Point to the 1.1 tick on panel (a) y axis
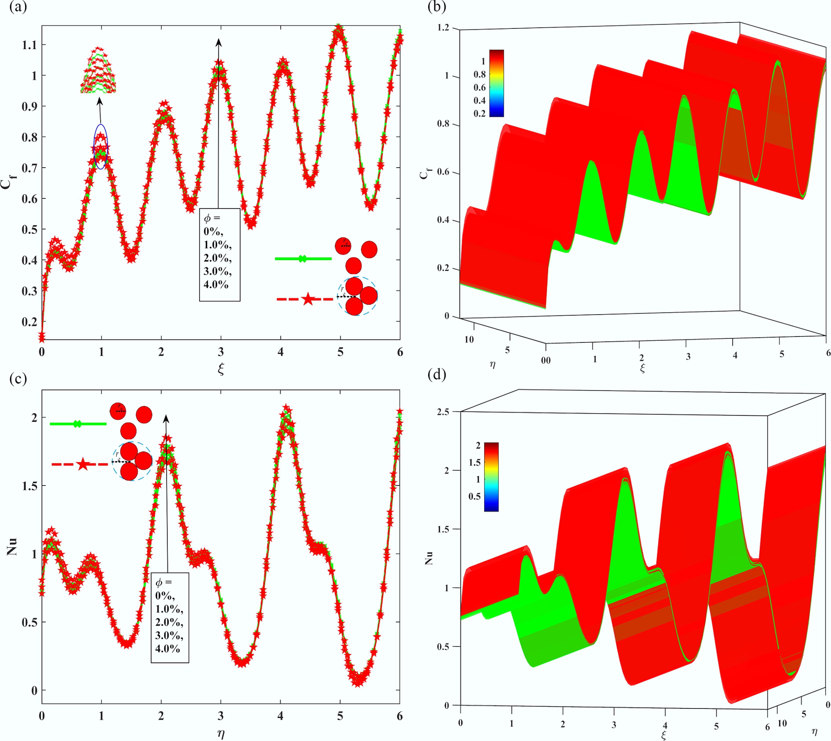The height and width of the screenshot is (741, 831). point(29,45)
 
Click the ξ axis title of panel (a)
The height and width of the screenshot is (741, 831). point(221,369)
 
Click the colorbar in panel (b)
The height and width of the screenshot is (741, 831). point(496,84)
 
